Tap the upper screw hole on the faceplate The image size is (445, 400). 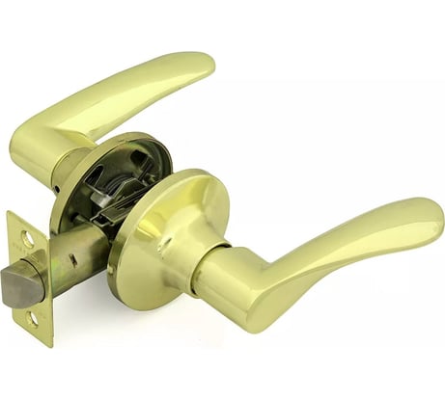coord(28,237)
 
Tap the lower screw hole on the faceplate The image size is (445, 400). coord(33,319)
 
